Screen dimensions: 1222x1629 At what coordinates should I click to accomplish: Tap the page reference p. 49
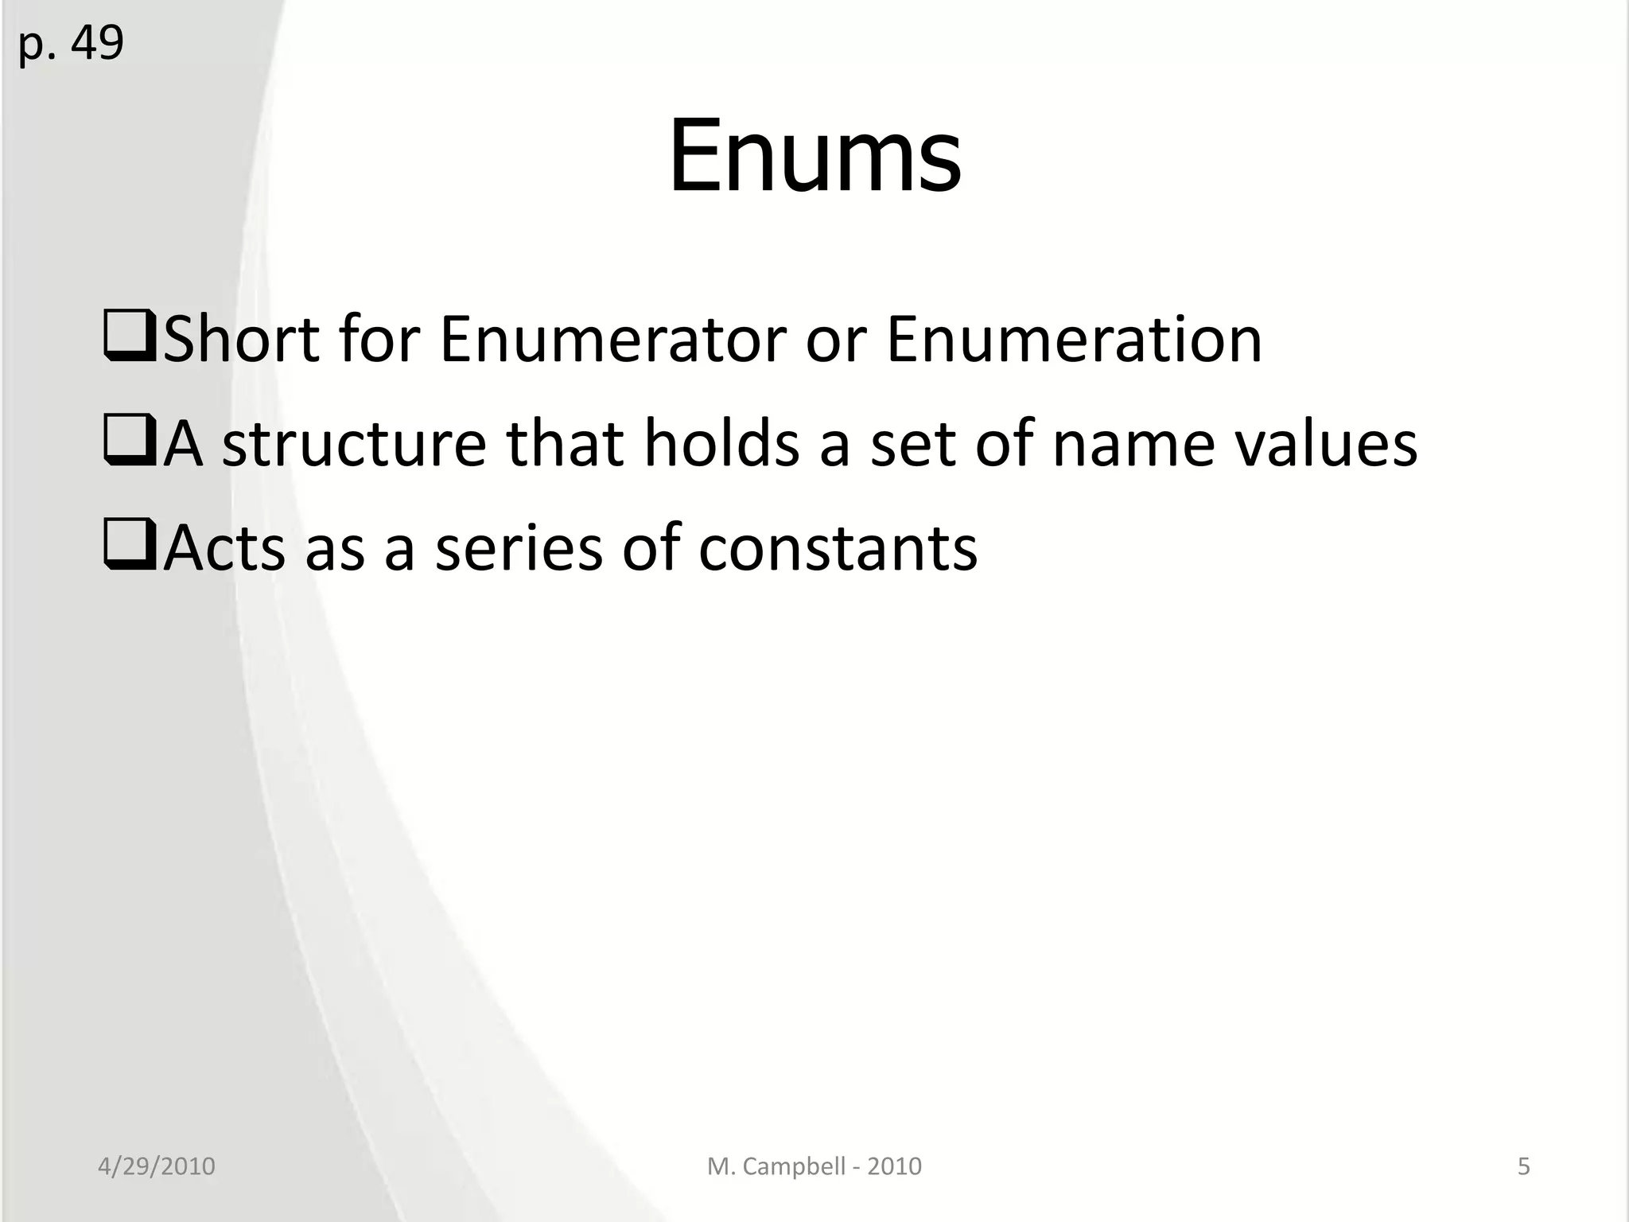click(71, 43)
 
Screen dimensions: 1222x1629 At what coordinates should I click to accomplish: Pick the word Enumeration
click(1074, 340)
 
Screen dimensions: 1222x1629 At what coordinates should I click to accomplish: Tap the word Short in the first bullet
click(240, 340)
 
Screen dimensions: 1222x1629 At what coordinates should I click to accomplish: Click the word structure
click(354, 444)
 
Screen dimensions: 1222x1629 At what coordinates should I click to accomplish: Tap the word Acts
click(224, 548)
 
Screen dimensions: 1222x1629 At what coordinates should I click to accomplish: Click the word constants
click(838, 548)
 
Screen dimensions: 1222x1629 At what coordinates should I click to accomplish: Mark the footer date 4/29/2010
click(157, 1166)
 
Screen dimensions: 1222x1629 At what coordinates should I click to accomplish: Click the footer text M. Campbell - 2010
click(814, 1166)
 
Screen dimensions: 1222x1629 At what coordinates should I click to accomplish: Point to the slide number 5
click(1524, 1166)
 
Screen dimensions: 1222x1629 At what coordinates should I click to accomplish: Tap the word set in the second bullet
click(913, 444)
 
